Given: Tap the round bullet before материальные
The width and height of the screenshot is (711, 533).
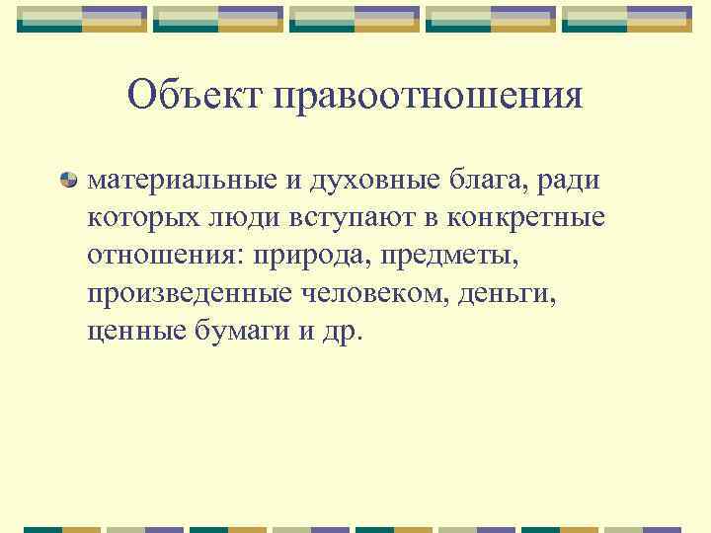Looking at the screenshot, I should tap(68, 180).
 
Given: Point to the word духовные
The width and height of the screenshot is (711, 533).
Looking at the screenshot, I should tap(362, 181).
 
